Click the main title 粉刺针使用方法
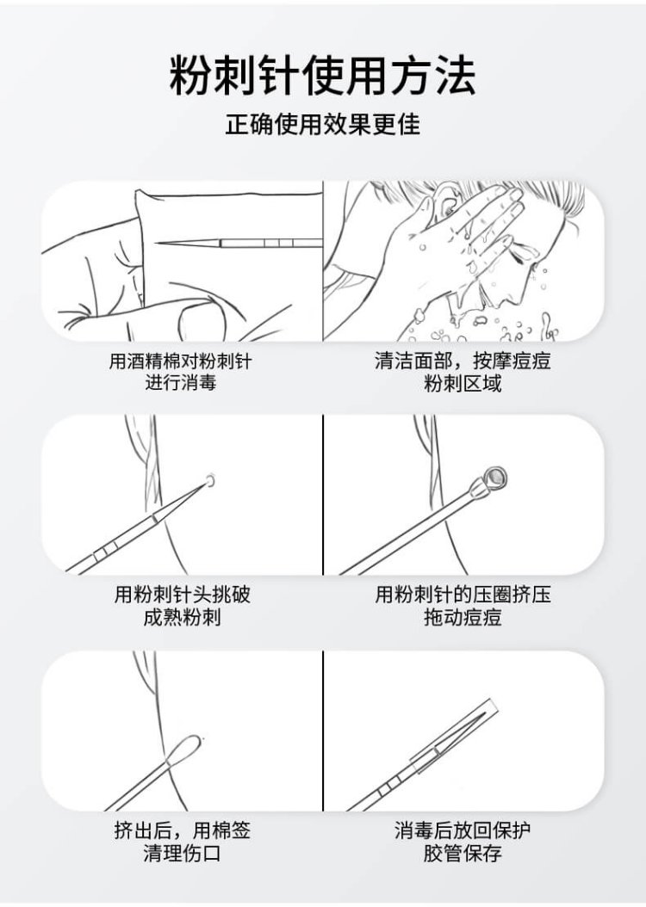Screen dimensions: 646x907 point(322,76)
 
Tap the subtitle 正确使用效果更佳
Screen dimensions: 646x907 point(322,125)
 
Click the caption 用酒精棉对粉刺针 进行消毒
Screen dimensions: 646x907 point(181,372)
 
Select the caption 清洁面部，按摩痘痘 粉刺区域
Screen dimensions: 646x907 point(463,372)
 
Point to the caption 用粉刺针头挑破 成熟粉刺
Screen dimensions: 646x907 point(183,606)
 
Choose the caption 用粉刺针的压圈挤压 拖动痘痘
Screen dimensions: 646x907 point(463,606)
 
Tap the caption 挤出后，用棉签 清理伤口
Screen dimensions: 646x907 point(183,842)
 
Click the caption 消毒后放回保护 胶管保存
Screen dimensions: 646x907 point(463,842)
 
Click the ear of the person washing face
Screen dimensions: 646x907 point(444,200)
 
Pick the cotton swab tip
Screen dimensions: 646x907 point(184,750)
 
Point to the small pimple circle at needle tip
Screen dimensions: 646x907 point(211,479)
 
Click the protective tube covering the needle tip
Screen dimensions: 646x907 point(454,737)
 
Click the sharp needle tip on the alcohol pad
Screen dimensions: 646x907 point(158,244)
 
